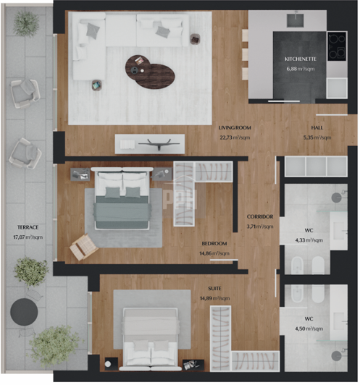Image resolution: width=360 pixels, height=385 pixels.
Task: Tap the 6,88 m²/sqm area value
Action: pyautogui.click(x=300, y=69)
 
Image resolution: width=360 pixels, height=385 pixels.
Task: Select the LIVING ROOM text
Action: pyautogui.click(x=234, y=128)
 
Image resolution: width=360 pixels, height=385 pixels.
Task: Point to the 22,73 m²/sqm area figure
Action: pyautogui.click(x=234, y=137)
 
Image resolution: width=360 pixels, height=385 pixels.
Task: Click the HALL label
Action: pyautogui.click(x=317, y=128)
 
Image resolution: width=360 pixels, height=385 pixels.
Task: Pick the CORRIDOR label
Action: pyautogui.click(x=259, y=217)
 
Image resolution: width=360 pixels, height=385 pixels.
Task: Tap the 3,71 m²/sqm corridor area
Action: pyautogui.click(x=259, y=226)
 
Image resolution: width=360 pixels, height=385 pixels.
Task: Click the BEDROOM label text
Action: pyautogui.click(x=215, y=244)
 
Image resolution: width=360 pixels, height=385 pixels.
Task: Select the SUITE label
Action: pyautogui.click(x=215, y=289)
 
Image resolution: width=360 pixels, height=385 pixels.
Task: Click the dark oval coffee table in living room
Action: pyautogui.click(x=151, y=69)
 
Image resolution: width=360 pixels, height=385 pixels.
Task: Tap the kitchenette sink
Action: pyautogui.click(x=296, y=20)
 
